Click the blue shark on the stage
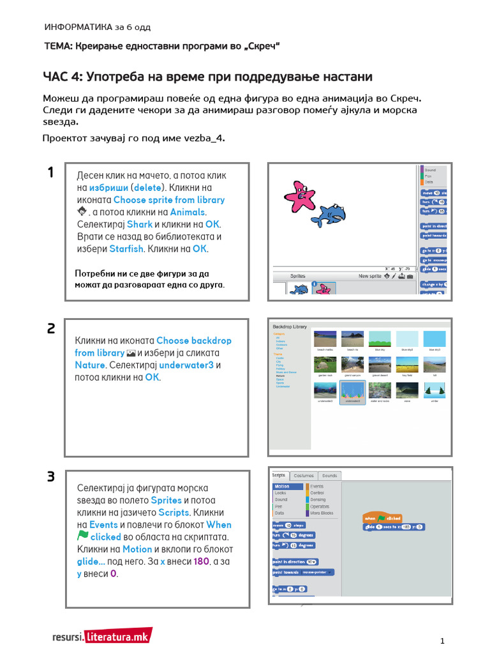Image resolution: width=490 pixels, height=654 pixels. pos(330,215)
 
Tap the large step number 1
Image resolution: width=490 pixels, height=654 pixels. pos(50,172)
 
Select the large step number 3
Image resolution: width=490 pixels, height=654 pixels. pos(51,477)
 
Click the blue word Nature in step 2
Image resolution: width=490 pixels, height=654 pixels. pos(89,365)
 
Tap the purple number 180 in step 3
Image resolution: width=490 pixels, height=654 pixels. pos(202,561)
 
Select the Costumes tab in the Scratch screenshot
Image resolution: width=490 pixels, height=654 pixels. pos(304,475)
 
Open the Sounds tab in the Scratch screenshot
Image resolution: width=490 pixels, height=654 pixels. pos(330,475)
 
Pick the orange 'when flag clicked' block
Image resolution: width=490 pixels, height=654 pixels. pos(382,518)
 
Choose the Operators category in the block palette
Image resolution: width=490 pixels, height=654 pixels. pos(320,506)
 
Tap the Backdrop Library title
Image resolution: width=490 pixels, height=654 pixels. pos(290,326)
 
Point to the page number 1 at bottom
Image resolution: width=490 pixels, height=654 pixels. pos(442,641)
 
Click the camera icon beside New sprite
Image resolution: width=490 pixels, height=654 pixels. pos(409,277)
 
